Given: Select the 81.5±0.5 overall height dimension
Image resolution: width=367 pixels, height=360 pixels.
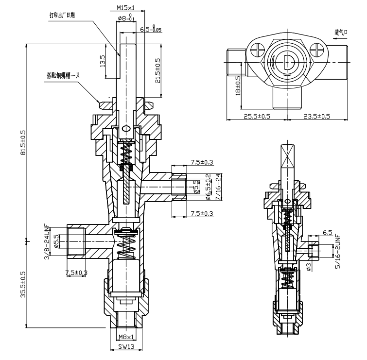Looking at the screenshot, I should [22, 142].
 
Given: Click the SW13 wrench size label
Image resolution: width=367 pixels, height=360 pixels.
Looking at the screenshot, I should [126, 347].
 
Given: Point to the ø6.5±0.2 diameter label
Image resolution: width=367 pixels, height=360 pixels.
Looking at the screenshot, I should [208, 187].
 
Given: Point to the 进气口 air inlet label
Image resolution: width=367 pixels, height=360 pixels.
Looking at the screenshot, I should [342, 33].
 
